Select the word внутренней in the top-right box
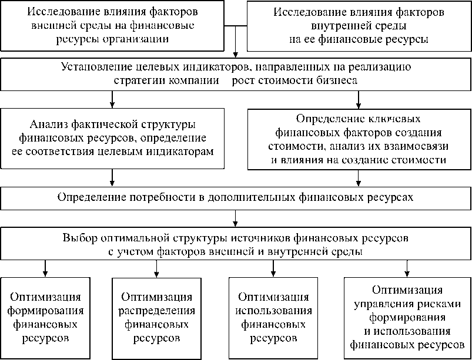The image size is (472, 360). tap(336, 26)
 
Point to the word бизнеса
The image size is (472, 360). tap(333, 79)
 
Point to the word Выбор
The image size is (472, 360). tap(78, 238)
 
